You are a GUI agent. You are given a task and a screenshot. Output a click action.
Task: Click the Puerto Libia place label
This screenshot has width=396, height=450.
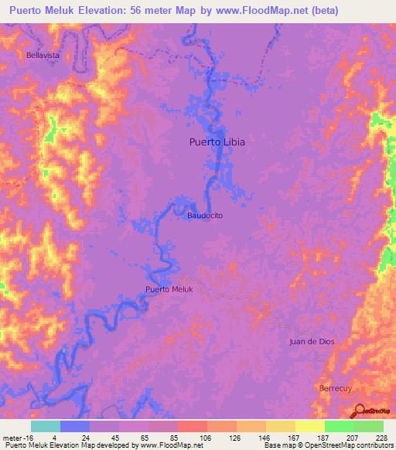click(212, 141)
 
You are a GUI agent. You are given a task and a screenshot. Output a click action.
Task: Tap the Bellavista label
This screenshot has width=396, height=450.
click(43, 56)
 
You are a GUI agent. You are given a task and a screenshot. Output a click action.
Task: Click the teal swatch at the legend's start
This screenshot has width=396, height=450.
click(46, 426)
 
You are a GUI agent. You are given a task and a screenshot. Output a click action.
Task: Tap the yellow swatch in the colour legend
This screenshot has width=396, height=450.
click(309, 426)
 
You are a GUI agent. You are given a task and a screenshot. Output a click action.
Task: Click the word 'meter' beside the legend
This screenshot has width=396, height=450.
click(11, 438)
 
